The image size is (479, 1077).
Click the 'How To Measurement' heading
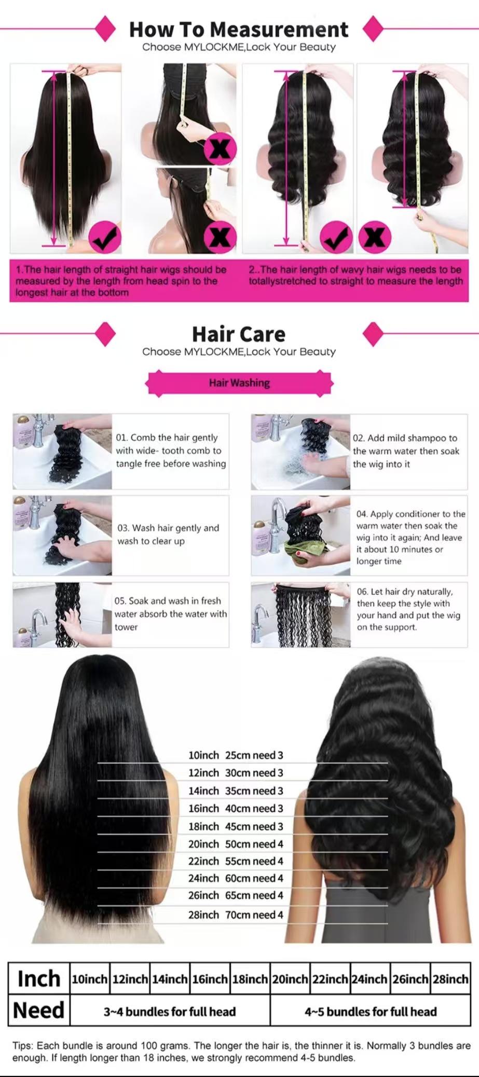239,30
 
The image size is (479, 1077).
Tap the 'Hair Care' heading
239,334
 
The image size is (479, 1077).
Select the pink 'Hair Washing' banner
239,383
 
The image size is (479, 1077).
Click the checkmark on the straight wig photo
105,238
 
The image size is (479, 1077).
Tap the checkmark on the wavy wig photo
336,237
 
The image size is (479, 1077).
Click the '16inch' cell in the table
210,979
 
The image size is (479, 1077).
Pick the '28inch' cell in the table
450,979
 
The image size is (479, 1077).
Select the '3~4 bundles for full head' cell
170,1011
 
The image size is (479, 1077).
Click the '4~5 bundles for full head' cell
371,1011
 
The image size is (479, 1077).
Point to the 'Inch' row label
39,979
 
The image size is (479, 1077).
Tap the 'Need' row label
39,1011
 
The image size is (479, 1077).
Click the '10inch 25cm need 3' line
236,755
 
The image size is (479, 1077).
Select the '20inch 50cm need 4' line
236,844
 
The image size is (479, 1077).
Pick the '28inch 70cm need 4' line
236,915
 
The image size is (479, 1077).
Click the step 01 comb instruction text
171,451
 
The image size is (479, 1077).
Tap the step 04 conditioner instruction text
410,537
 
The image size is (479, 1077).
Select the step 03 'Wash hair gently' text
168,534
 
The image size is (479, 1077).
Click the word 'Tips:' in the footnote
23,1045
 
